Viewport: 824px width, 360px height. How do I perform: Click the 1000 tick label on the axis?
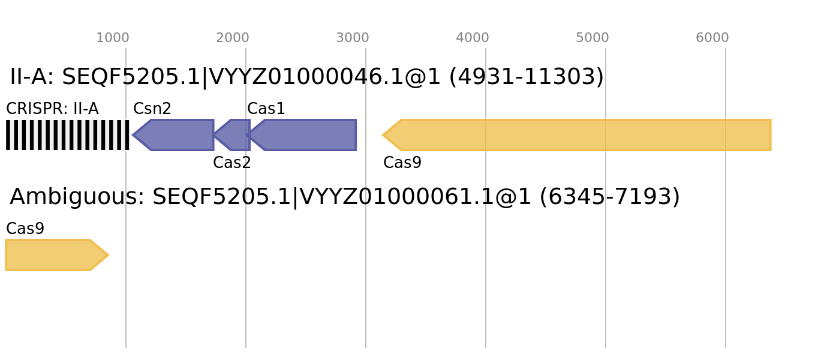(113, 38)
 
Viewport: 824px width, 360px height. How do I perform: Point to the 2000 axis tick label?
(233, 38)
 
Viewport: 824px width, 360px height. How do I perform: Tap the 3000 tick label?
(353, 38)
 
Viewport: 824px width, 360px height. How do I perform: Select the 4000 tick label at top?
(473, 38)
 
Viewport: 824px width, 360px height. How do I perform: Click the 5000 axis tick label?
(593, 38)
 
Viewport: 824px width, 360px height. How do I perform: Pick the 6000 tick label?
(712, 38)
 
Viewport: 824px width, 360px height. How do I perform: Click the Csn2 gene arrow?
(174, 135)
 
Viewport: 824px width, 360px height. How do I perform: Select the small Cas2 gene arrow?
(231, 135)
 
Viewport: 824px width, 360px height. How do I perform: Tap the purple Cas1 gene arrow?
(302, 135)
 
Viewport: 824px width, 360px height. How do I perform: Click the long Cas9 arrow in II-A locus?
(577, 135)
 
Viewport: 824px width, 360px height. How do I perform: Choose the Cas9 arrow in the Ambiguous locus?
(56, 255)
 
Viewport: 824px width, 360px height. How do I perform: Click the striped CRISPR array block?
(67, 135)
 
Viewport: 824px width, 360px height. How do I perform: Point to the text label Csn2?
(152, 109)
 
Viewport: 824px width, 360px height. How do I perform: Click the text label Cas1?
(266, 109)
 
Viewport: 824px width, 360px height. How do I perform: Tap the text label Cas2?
(231, 163)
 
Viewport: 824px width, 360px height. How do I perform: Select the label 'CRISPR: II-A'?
(53, 109)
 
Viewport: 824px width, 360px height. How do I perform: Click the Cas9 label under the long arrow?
(402, 163)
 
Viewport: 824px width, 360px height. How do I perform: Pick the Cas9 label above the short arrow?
(25, 229)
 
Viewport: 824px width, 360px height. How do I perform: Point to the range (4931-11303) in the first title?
(527, 77)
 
